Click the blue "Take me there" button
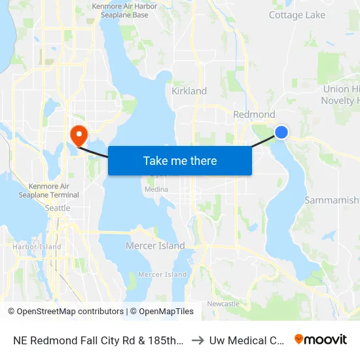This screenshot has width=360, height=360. click(180, 160)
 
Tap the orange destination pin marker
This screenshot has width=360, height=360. click(79, 135)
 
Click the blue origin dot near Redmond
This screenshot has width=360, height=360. click(281, 132)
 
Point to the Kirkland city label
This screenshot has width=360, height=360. click(189, 91)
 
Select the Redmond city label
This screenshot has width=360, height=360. click(255, 115)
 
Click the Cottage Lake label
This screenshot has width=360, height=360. click(297, 15)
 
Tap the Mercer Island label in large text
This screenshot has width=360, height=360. click(155, 246)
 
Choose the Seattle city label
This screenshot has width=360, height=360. click(58, 208)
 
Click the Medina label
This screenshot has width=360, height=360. click(156, 190)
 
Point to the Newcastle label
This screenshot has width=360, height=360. click(223, 304)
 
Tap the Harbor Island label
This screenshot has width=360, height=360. click(37, 247)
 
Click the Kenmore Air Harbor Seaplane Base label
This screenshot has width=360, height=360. click(125, 11)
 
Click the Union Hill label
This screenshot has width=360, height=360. click(341, 89)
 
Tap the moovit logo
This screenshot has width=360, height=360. click(321, 339)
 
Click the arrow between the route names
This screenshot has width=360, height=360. click(198, 340)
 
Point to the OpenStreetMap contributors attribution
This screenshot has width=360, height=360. click(65, 312)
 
